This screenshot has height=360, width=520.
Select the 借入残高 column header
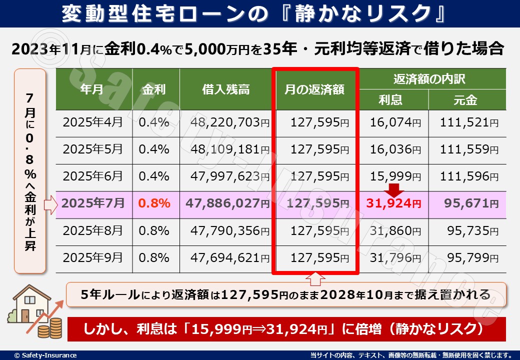(226, 89)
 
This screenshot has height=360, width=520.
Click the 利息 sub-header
(390, 100)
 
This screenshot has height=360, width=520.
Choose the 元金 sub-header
(465, 100)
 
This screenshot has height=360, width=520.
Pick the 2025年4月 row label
(92, 122)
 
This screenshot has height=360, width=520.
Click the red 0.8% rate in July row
(154, 203)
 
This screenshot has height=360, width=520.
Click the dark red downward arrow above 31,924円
(394, 189)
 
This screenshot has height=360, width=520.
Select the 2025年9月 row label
(92, 257)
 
